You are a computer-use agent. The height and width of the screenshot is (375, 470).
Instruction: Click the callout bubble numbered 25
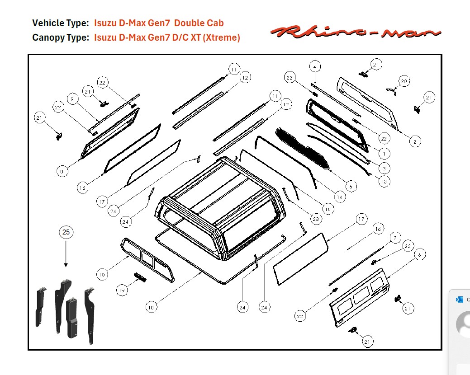pyautogui.click(x=66, y=232)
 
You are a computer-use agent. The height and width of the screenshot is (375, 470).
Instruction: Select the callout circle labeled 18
pyautogui.click(x=152, y=307)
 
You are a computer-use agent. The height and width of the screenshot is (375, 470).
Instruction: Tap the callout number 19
pyautogui.click(x=122, y=291)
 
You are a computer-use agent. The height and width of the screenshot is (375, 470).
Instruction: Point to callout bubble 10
pyautogui.click(x=103, y=274)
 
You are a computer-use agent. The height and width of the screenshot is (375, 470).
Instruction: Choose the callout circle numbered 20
pyautogui.click(x=404, y=81)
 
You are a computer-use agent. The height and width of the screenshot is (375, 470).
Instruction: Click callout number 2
pyautogui.click(x=416, y=141)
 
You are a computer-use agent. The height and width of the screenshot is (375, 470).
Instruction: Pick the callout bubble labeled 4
pyautogui.click(x=315, y=67)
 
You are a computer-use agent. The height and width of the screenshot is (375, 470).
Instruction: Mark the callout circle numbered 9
pyautogui.click(x=71, y=98)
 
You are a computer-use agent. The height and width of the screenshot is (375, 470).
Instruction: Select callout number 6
pyautogui.click(x=419, y=255)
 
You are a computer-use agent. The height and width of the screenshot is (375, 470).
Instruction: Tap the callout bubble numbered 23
pyautogui.click(x=316, y=219)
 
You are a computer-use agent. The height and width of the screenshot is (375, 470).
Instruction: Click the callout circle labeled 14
pyautogui.click(x=339, y=197)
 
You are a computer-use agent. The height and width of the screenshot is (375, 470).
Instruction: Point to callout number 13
pyautogui.click(x=384, y=181)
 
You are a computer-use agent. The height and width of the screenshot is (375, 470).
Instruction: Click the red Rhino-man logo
pyautogui.click(x=355, y=32)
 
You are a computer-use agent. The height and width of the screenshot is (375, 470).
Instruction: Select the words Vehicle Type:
pyautogui.click(x=61, y=23)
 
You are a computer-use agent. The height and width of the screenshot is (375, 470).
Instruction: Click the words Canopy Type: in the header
pyautogui.click(x=61, y=37)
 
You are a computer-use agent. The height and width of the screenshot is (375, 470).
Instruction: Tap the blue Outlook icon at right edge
pyautogui.click(x=460, y=300)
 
